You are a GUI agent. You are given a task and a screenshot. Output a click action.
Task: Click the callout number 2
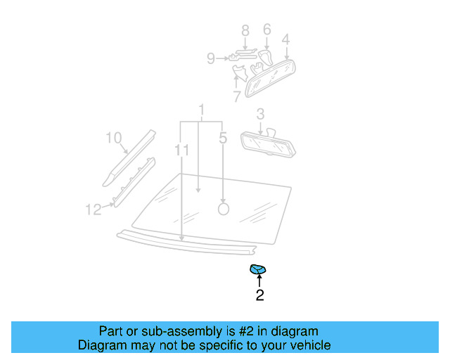tap(259, 296)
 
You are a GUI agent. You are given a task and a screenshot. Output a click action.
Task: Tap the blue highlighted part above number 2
tap(259, 269)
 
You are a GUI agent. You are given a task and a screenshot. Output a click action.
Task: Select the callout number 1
tap(202, 110)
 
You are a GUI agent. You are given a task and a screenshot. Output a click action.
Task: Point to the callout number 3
tap(260, 113)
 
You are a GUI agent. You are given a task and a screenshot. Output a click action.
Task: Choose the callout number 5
tap(266, 30)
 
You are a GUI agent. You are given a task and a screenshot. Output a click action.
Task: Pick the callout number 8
tap(210, 59)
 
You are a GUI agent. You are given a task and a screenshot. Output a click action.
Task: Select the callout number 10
tap(182, 150)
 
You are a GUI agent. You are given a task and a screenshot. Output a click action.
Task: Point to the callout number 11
tap(94, 209)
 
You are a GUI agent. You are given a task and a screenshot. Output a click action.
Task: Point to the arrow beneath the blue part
tap(259, 281)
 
